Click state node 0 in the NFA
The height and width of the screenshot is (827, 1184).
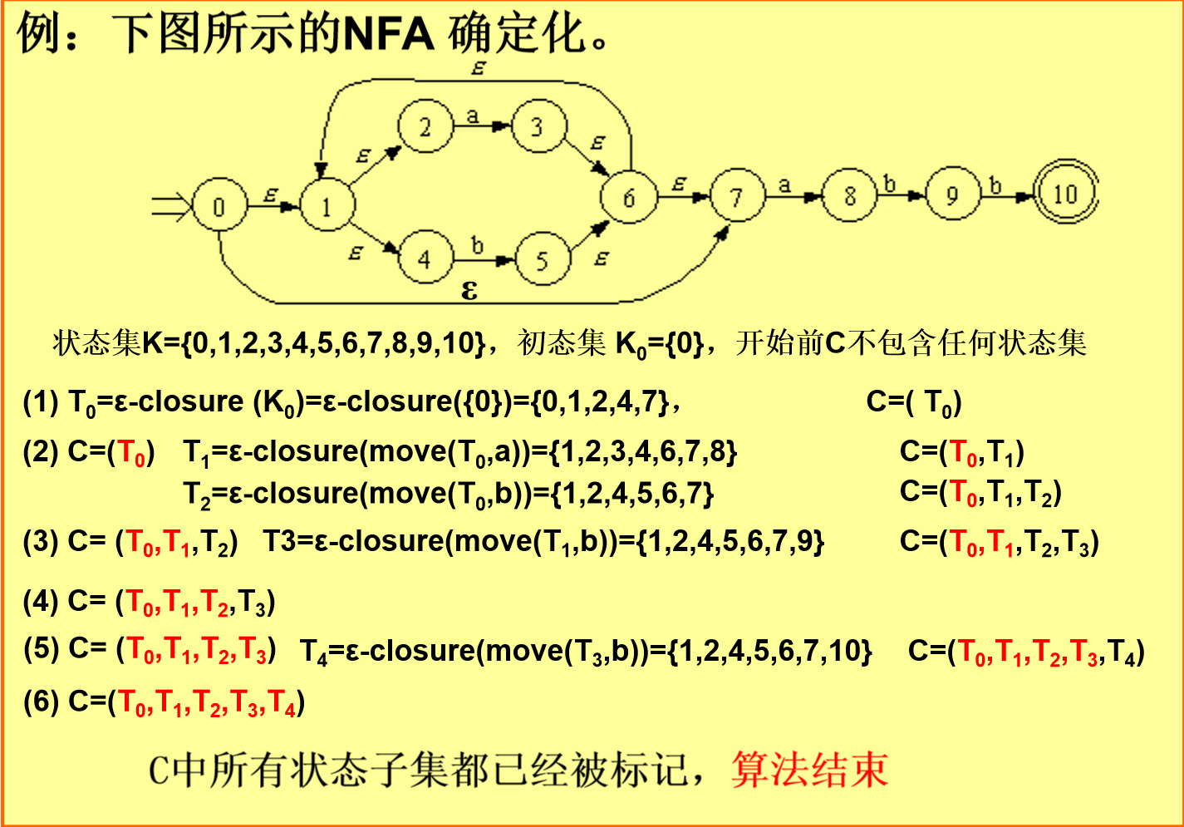[x=219, y=206]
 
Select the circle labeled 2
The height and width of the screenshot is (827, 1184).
[x=425, y=127]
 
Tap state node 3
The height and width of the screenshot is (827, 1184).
[x=538, y=127]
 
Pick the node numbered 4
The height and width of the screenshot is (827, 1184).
[x=425, y=259]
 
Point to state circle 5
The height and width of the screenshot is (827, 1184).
[x=543, y=259]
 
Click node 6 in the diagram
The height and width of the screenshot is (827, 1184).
[x=629, y=197]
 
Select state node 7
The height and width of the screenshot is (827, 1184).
[x=737, y=197]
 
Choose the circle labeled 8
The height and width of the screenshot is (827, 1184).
[x=849, y=196]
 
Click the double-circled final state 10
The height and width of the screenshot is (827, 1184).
[x=1065, y=194]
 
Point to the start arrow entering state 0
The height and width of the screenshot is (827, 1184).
[x=170, y=206]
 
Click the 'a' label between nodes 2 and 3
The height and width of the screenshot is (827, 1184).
[x=473, y=116]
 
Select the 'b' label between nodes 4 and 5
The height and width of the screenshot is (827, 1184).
[x=477, y=245]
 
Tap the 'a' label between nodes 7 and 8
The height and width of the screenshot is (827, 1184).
[x=784, y=185]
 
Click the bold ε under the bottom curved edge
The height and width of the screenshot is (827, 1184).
[x=469, y=289]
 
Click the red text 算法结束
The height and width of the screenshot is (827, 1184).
[x=810, y=769]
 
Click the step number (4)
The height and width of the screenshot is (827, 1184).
[x=40, y=601]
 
